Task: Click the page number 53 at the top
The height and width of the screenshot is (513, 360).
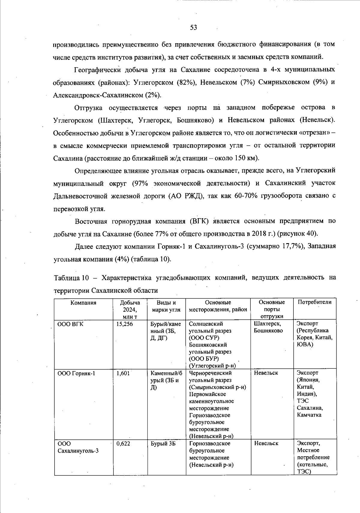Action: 193,28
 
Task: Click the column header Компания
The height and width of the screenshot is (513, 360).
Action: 83,303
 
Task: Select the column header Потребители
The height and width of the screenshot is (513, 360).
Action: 314,302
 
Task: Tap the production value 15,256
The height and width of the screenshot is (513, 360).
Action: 124,324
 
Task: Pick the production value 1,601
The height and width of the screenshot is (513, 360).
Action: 123,373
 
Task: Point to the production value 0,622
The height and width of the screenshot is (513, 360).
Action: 123,444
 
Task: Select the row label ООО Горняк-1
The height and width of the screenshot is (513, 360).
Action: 76,373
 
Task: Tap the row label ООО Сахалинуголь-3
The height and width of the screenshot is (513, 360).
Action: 78,447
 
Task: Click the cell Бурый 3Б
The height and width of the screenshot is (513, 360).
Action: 163,444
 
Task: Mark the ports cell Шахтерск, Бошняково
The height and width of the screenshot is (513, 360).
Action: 268,327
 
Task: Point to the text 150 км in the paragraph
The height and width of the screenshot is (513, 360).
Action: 243,158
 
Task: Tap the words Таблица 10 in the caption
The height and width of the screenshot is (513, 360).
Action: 71,278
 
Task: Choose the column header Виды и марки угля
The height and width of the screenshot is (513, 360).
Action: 166,306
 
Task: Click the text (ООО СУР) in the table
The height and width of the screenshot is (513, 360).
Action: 204,338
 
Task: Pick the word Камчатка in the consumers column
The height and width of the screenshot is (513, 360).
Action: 309,415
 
